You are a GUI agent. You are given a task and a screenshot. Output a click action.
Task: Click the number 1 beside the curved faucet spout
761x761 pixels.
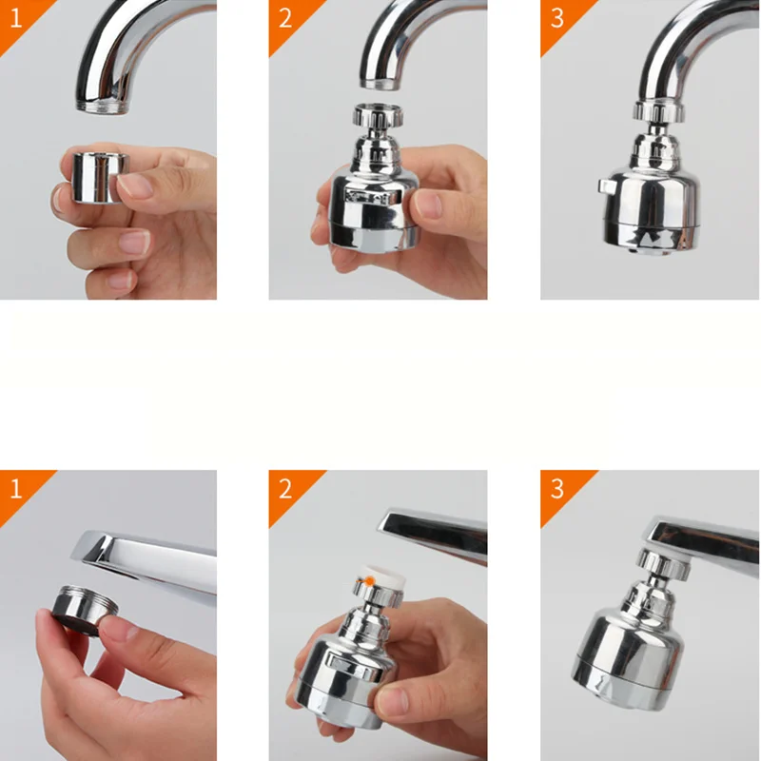click(x=14, y=19)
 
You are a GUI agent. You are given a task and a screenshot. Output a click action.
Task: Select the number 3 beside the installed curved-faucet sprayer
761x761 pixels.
click(x=557, y=19)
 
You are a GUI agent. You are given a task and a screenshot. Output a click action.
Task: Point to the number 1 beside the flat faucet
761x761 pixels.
click(x=14, y=489)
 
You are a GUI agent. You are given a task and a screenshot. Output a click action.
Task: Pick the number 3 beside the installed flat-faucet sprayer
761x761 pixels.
click(x=557, y=489)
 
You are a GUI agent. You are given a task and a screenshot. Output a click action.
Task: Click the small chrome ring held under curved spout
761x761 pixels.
click(x=95, y=175)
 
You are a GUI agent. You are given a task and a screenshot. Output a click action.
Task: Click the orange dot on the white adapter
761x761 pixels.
click(x=364, y=577)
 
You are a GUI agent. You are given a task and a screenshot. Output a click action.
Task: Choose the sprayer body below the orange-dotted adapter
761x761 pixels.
click(x=341, y=675)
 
